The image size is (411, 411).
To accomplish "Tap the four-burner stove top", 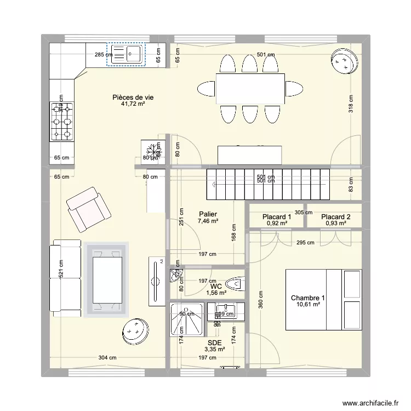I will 61,122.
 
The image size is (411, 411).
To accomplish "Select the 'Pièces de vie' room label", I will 133,97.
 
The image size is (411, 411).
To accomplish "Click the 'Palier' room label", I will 208,214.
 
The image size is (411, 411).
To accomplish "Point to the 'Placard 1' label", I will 277,216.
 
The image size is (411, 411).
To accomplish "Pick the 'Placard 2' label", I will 335,216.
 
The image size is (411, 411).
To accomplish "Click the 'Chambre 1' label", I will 307,298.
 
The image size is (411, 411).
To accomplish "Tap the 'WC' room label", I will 215,286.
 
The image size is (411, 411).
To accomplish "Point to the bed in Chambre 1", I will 323,299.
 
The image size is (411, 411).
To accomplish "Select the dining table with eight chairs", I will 250,88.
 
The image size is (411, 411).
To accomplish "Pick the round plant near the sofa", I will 134,331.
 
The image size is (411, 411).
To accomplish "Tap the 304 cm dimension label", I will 108,358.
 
